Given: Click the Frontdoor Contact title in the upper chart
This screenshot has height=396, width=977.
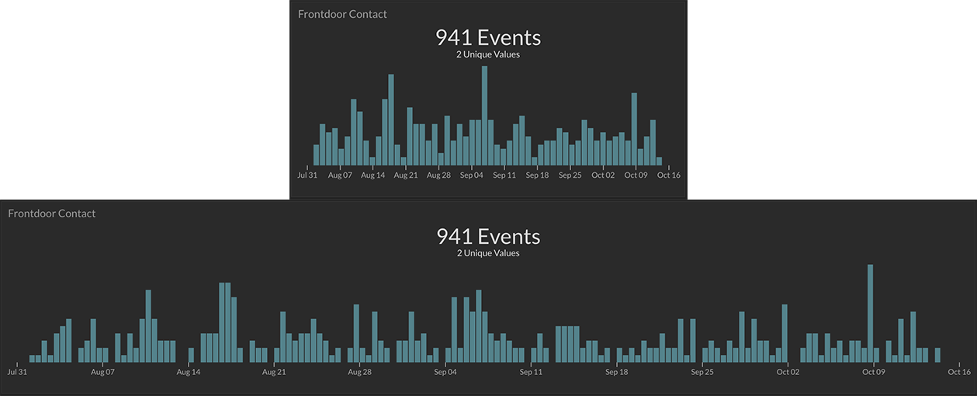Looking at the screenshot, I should pyautogui.click(x=342, y=14).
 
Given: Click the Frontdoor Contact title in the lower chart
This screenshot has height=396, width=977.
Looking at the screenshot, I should pyautogui.click(x=52, y=214).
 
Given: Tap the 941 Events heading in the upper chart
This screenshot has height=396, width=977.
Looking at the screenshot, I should pyautogui.click(x=488, y=37).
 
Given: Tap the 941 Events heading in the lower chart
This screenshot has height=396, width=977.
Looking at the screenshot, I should pyautogui.click(x=488, y=236).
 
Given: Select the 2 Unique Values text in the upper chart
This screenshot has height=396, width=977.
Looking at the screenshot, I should pyautogui.click(x=488, y=54).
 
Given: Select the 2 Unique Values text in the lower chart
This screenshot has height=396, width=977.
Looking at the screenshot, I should pyautogui.click(x=488, y=253).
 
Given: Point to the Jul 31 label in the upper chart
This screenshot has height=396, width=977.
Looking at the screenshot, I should pyautogui.click(x=307, y=175).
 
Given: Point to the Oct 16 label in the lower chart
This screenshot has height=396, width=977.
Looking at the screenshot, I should pyautogui.click(x=959, y=372).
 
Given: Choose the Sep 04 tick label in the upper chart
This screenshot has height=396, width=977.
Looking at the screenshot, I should pyautogui.click(x=472, y=175).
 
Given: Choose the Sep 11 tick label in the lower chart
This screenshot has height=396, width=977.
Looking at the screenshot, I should pyautogui.click(x=532, y=372).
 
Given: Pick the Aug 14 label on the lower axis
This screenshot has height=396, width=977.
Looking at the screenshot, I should pyautogui.click(x=189, y=372).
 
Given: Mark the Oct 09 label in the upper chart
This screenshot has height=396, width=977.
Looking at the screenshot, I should pyautogui.click(x=636, y=175).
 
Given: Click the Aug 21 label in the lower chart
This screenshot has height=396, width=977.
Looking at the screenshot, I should pyautogui.click(x=274, y=372).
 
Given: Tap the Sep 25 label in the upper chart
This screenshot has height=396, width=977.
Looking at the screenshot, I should pyautogui.click(x=570, y=175).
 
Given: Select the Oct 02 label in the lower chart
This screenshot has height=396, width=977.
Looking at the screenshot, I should pyautogui.click(x=788, y=372).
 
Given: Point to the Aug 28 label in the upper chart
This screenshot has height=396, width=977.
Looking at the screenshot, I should pyautogui.click(x=438, y=175).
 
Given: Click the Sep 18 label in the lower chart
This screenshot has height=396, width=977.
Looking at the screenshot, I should pyautogui.click(x=617, y=372).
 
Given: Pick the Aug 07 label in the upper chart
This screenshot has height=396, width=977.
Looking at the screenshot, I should pyautogui.click(x=340, y=175).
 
